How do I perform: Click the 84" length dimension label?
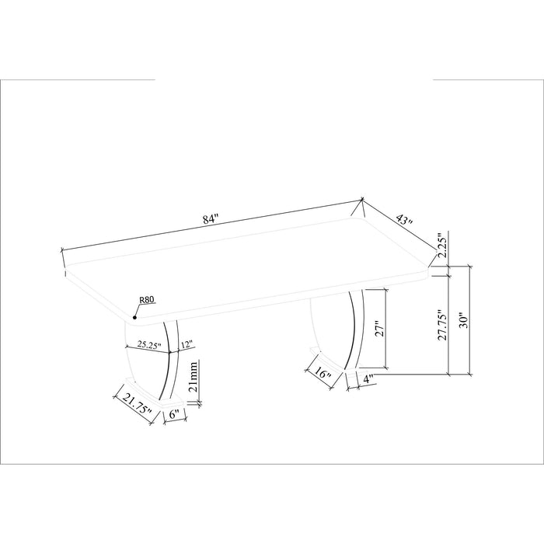(x=211, y=219)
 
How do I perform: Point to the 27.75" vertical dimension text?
(x=442, y=325)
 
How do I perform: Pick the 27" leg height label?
(x=379, y=330)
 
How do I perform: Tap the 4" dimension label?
(x=368, y=379)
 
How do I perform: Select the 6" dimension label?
(x=174, y=414)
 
